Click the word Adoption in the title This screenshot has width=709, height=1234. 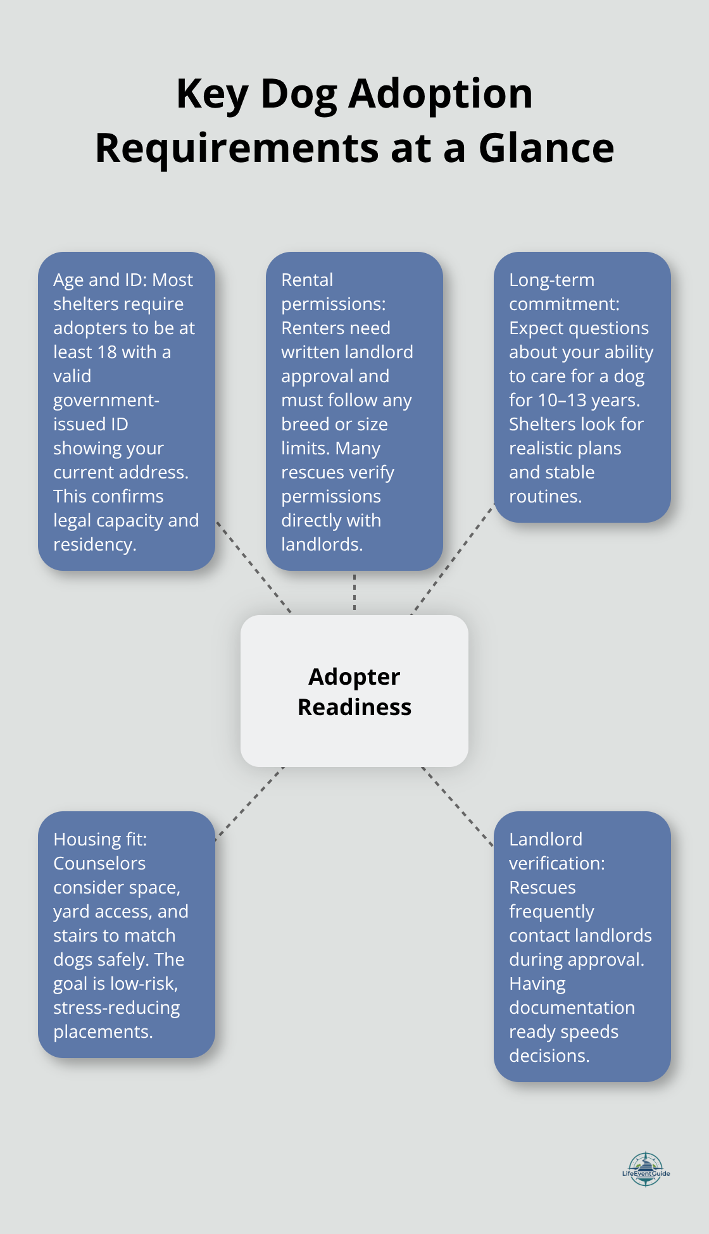441,94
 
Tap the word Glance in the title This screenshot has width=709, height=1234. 546,148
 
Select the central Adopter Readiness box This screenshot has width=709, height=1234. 354,691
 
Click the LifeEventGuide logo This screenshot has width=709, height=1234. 646,1169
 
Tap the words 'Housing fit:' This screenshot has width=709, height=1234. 100,840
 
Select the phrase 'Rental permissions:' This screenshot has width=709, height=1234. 333,292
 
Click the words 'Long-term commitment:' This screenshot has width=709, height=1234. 563,292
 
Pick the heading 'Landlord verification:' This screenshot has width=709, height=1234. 556,851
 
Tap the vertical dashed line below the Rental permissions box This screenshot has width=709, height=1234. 354,592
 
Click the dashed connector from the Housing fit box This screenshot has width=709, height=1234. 250,804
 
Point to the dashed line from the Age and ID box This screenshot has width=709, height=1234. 253,567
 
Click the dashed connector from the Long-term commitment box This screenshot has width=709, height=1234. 453,559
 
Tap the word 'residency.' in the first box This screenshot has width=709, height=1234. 94,545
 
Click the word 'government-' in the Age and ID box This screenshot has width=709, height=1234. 106,401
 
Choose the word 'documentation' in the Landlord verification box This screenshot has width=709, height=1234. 572,1008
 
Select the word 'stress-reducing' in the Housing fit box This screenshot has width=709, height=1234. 116,1008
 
